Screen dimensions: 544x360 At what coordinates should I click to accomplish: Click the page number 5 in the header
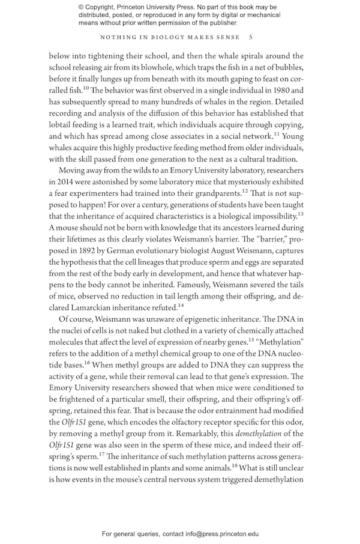251,37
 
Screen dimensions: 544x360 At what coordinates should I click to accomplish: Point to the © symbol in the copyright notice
82,7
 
